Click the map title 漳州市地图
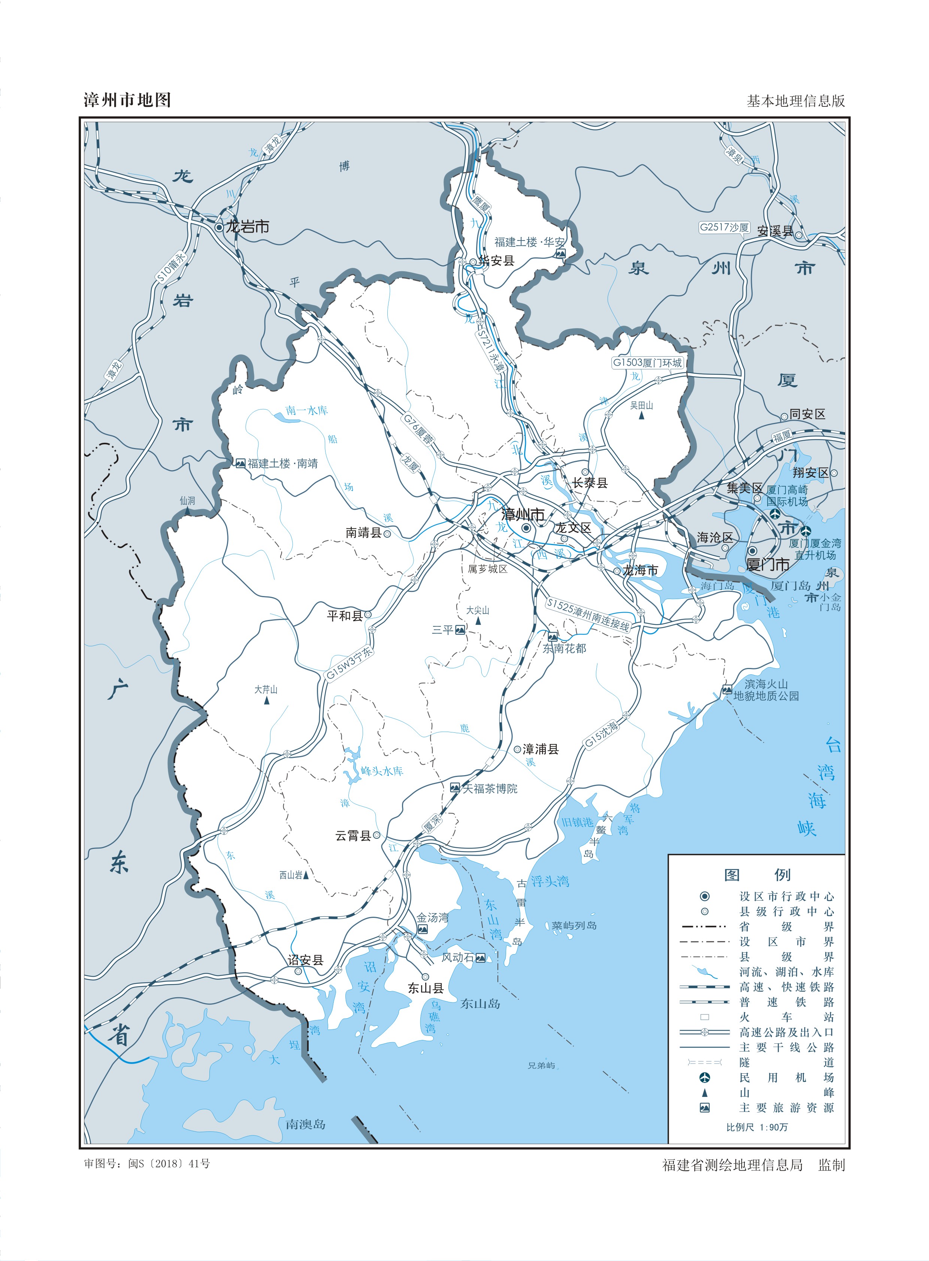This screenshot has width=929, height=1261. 127,100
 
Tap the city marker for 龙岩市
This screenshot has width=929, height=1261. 219,227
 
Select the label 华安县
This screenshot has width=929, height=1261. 496,260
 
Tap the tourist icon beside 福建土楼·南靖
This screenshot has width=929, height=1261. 241,463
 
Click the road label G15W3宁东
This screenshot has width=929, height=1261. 350,664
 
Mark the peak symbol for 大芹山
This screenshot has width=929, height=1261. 267,701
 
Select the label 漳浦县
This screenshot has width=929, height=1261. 541,749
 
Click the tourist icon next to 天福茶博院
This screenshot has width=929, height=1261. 455,788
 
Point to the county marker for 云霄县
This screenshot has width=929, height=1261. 376,835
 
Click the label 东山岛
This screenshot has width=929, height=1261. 480,1003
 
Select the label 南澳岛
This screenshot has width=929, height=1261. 305,1124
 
